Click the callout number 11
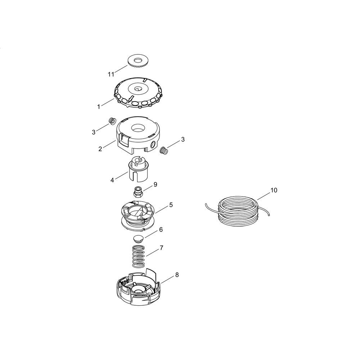tap(111, 75)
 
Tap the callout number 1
tap(99, 107)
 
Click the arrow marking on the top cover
tap(131, 99)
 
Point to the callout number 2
tap(100, 149)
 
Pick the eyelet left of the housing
tap(112, 121)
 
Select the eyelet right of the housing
tap(163, 150)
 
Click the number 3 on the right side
tap(183, 139)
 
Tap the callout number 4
tap(112, 180)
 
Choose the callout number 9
tap(156, 185)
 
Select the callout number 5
tap(171, 205)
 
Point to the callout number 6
tap(161, 229)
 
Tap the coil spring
tap(139, 256)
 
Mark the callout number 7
tap(161, 248)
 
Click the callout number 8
tap(177, 275)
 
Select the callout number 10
tap(274, 190)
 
